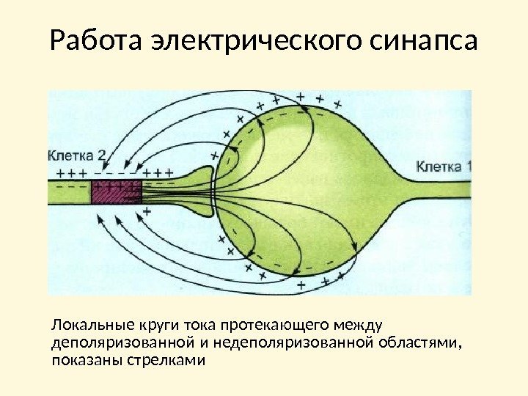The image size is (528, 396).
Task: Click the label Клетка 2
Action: pos(78,155)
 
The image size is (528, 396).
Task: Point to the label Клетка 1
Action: pos(443,166)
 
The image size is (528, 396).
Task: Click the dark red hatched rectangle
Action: pos(116,191)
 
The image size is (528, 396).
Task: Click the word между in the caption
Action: pos(364,326)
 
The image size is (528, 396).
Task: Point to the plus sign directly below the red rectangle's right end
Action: pos(146,211)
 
